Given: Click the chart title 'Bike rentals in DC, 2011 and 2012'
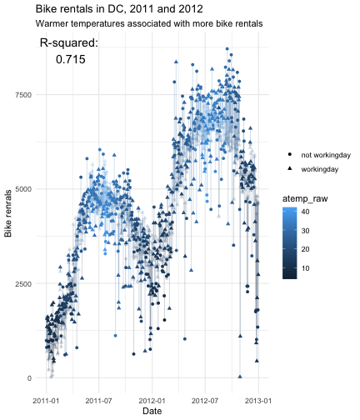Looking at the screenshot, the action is [119, 9].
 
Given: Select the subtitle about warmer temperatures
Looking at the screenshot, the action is [149, 23].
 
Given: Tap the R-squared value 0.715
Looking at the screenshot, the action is [71, 59].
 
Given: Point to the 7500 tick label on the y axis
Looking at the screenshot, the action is [23, 95].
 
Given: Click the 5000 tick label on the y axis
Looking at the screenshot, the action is [23, 189].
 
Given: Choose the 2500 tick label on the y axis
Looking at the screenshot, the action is [23, 284].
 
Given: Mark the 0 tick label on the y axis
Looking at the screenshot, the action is [29, 378].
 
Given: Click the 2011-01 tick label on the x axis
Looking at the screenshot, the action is [46, 401].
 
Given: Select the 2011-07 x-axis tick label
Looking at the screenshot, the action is [98, 401].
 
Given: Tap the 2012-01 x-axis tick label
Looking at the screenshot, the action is [152, 401].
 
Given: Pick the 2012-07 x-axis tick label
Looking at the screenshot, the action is [205, 401].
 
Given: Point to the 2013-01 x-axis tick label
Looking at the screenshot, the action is [258, 401].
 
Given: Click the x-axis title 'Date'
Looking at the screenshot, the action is [152, 411].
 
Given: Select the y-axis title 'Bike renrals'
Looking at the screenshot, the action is [7, 213].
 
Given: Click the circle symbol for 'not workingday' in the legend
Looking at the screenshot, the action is [290, 154].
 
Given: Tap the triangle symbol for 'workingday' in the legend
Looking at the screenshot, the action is [290, 168].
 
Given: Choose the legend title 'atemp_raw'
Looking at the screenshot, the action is [305, 199].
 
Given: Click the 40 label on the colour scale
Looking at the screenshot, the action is [305, 212].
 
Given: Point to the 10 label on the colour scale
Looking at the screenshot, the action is [305, 268].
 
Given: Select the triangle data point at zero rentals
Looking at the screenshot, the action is [240, 377].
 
